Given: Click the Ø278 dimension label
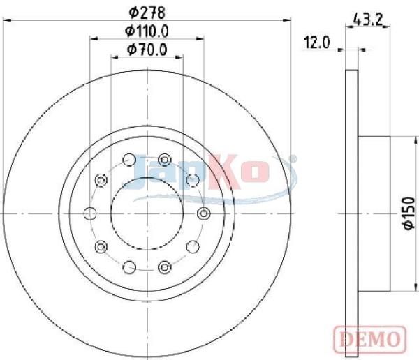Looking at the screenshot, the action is click(147, 13).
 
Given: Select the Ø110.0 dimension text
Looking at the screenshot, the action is click(147, 31).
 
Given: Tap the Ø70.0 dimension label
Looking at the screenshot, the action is click(147, 50).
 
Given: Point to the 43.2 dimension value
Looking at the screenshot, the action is click(368, 20).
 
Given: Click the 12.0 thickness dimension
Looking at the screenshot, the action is click(317, 43).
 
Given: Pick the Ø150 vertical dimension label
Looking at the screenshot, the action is click(409, 213).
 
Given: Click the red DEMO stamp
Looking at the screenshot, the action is click(370, 340).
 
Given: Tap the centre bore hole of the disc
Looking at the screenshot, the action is click(147, 213).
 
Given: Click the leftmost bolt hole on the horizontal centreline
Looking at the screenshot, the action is click(90, 213).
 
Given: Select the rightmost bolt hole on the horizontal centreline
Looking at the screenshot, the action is click(204, 213).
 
